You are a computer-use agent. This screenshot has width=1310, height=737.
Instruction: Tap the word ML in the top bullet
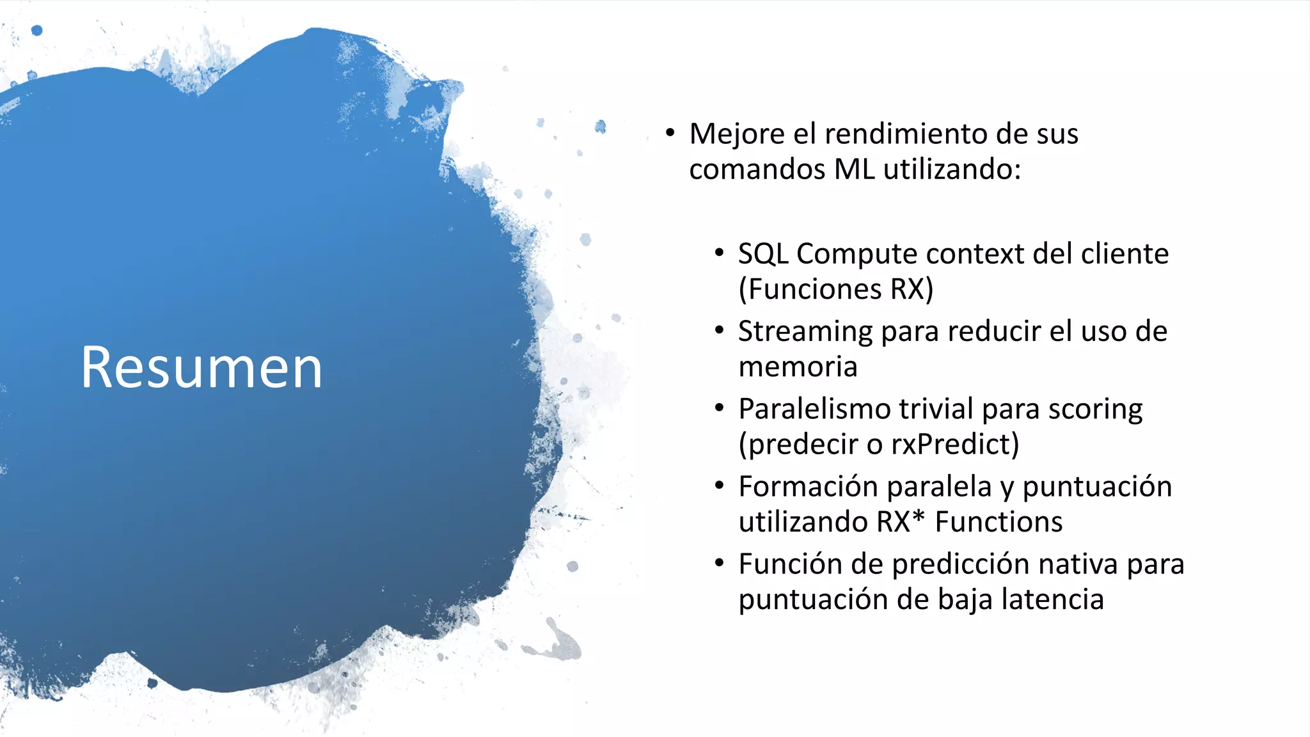854,170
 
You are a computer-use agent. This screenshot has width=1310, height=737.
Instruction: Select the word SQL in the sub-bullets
762,254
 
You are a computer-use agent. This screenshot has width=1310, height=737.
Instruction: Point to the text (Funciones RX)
835,289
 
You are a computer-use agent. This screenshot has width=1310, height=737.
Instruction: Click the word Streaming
805,332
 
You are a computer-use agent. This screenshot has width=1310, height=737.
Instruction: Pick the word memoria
798,367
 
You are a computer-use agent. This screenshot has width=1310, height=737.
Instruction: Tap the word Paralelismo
814,409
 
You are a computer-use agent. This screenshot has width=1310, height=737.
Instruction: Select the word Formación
808,487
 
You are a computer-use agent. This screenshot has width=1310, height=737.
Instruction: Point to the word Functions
998,522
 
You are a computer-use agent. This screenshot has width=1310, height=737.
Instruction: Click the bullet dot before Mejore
670,133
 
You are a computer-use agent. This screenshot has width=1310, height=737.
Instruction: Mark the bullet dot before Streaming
719,331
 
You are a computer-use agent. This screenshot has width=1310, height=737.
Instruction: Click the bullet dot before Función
719,564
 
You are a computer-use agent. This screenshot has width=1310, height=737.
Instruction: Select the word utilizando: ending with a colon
952,170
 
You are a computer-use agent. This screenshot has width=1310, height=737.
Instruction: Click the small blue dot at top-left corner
37,30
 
